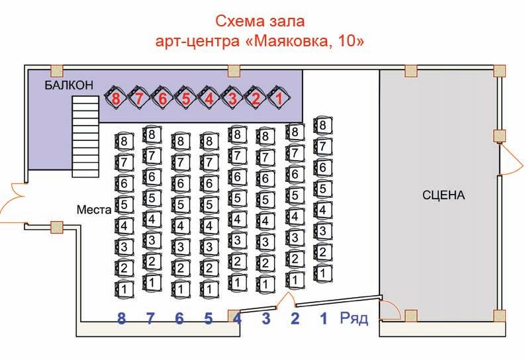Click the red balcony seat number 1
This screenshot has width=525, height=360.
[x=279, y=99]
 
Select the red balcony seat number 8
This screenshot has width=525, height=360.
[x=117, y=99]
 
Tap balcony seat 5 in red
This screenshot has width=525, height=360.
[x=186, y=99]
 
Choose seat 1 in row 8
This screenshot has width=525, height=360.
[x=122, y=289]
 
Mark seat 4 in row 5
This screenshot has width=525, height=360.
[x=209, y=225]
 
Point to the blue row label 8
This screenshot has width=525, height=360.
[x=121, y=319]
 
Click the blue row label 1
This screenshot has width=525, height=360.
[x=324, y=319]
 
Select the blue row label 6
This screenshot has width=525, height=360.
[x=179, y=319]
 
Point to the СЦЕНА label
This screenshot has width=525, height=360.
[x=444, y=195]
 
